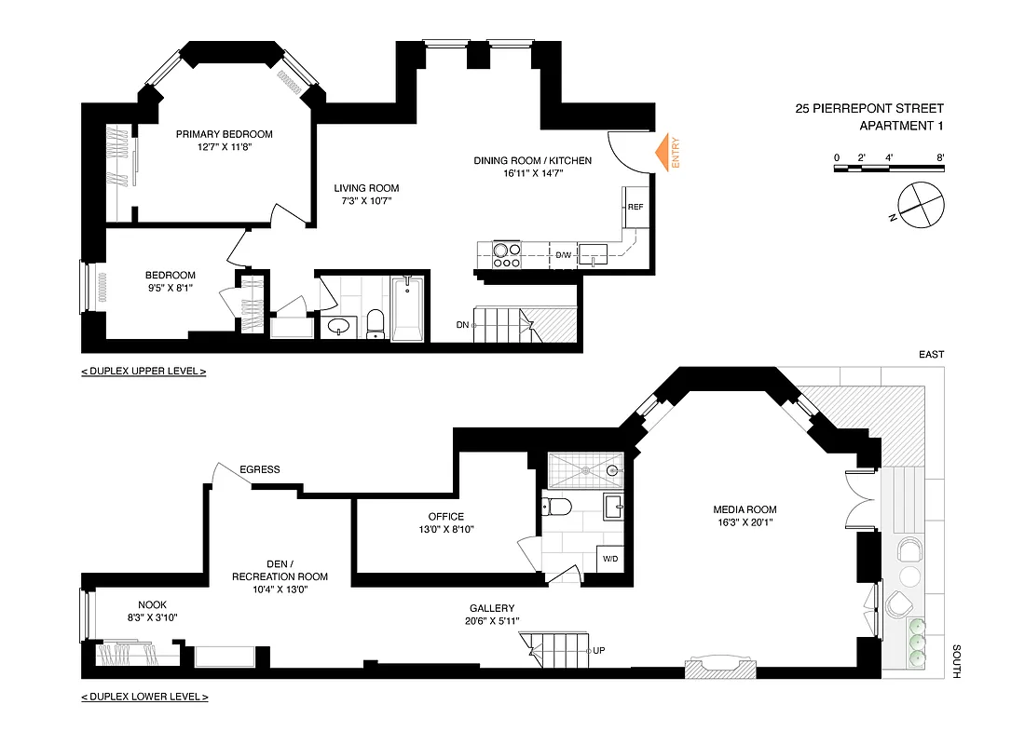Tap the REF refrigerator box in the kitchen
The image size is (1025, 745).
(635, 207)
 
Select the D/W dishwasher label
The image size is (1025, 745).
(563, 255)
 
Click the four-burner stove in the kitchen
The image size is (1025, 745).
(506, 255)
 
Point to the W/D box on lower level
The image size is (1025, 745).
(610, 560)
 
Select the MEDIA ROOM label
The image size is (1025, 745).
(744, 509)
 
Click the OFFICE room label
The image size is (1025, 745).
(445, 517)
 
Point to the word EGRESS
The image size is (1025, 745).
(259, 469)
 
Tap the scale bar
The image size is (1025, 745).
(889, 169)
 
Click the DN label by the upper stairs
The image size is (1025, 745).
(462, 325)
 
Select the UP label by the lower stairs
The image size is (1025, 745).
(603, 650)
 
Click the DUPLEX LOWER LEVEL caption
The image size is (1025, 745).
(144, 697)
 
